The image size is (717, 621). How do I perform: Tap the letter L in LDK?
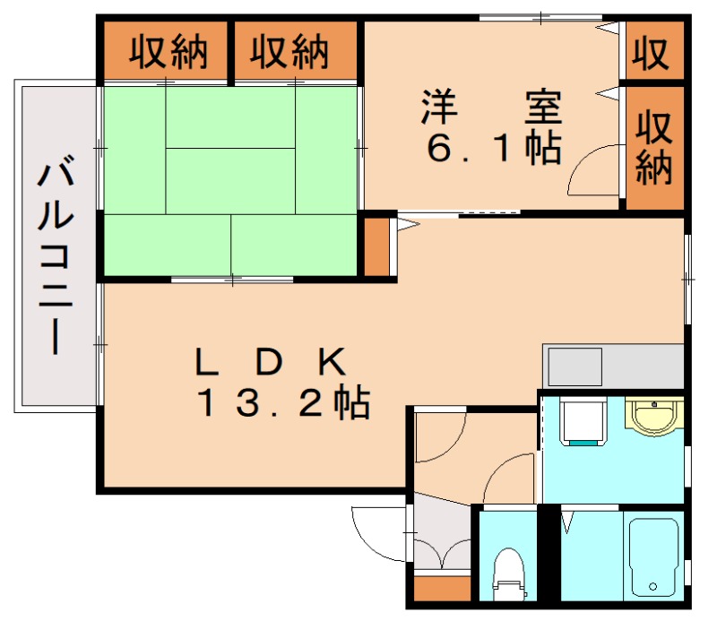(205, 363)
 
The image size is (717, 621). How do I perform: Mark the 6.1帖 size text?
(493, 148)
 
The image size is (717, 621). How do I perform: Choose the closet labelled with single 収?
(653, 53)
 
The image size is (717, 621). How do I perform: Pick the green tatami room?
(231, 179)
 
